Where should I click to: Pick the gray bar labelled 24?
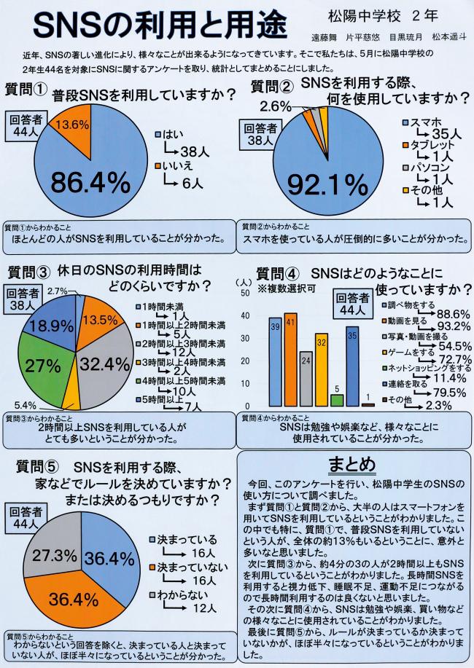(x=306, y=379)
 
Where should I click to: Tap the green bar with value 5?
(x=336, y=400)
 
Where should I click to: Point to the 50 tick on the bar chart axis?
(x=246, y=292)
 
